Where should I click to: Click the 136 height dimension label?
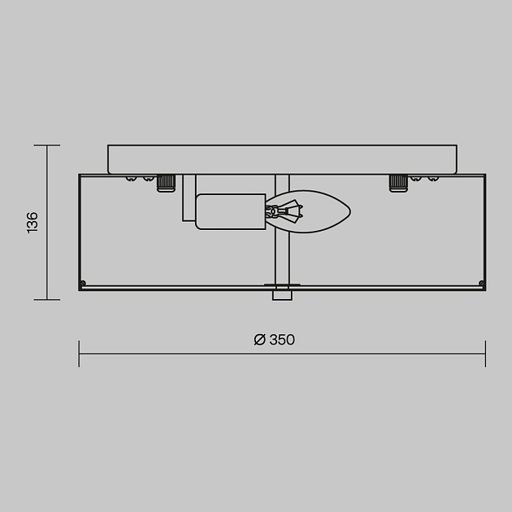33,223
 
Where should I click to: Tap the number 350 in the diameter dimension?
281,340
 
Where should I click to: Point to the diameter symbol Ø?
259,340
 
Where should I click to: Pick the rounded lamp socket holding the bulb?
231,211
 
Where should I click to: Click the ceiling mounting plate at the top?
282,158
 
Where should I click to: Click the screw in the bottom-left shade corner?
83,283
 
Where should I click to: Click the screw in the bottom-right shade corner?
481,283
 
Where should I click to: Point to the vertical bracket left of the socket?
189,199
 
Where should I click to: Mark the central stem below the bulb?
282,260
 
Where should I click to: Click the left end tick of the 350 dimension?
79,354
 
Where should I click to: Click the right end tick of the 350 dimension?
485,354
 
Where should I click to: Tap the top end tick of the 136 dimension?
46,145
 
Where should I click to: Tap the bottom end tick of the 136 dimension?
46,299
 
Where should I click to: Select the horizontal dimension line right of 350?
390,354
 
